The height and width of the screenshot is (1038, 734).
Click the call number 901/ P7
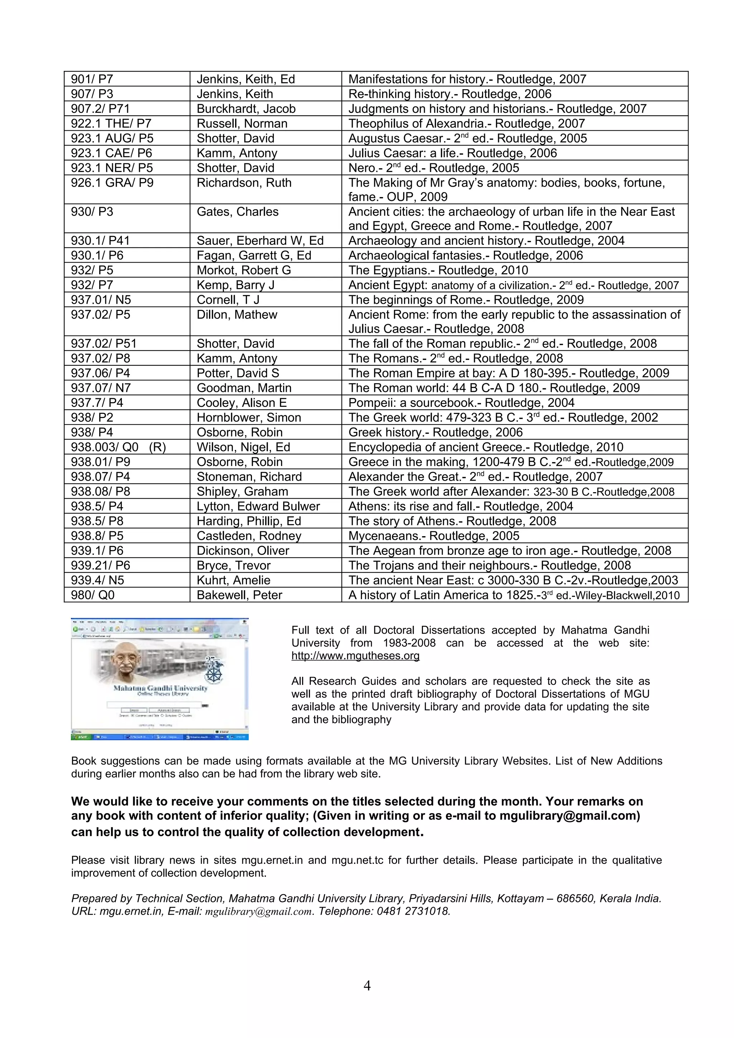(x=92, y=79)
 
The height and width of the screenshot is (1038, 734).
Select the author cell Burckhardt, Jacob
(x=246, y=109)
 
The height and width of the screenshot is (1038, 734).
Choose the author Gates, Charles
(x=237, y=212)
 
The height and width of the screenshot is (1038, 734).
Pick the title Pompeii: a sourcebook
(x=461, y=403)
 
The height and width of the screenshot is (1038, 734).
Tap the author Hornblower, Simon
(x=249, y=417)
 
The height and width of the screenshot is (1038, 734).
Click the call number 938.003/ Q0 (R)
(x=118, y=447)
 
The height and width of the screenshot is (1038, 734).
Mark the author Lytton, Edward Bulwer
(x=258, y=506)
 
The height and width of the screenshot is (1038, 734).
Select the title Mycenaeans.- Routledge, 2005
(x=434, y=536)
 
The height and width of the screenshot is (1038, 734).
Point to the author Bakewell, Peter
(x=239, y=595)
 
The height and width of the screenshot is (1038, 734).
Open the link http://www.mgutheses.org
(x=356, y=655)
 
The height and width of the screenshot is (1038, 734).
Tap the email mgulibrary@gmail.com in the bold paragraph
(x=569, y=816)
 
